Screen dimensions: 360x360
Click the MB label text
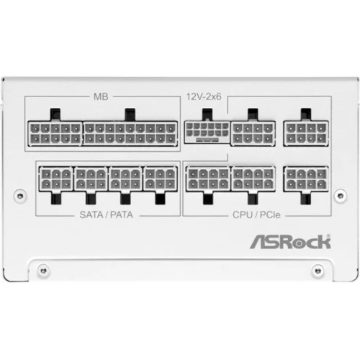pos(101,96)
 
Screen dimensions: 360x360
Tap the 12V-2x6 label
pos(204,96)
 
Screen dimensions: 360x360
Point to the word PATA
pos(122,215)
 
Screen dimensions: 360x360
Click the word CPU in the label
pos(243,215)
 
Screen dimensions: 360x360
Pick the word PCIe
pos(270,215)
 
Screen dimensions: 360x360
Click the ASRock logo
pos(290,242)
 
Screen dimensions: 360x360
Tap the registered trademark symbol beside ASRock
pos(328,236)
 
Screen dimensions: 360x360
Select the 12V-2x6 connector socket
pos(207,132)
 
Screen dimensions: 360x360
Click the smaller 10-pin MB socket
pos(55,133)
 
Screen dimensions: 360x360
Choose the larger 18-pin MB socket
pos(130,133)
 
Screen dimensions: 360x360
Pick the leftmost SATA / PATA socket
pos(56,179)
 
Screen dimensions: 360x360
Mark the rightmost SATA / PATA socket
pos(161,179)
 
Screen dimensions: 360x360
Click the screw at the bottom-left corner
pos(43,271)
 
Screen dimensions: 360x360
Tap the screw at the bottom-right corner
pos(318,271)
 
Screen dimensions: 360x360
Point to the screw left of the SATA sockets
pos(20,196)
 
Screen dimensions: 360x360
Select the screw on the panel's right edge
pos(341,196)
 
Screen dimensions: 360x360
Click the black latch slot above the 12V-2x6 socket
pos(207,114)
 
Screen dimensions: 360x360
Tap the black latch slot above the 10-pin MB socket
pos(55,114)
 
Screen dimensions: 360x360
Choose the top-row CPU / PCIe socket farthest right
pos(306,133)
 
